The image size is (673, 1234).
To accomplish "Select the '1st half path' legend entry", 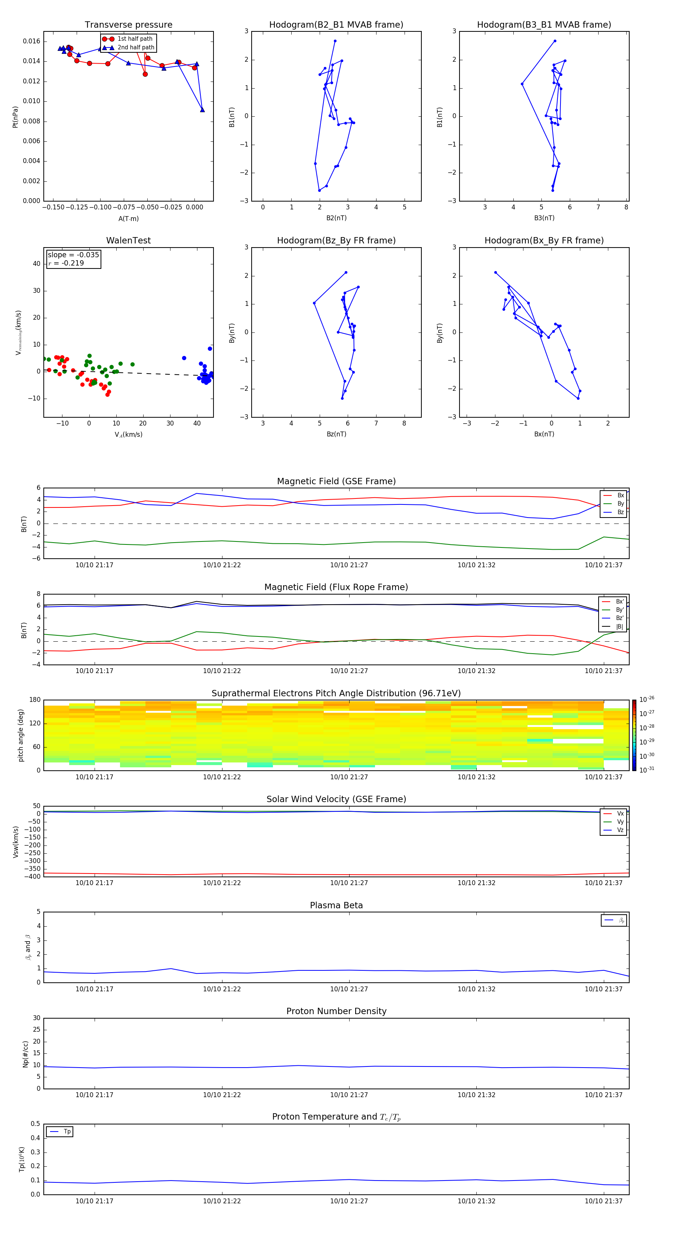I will [x=135, y=39].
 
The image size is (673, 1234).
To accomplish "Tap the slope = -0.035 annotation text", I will [x=73, y=255].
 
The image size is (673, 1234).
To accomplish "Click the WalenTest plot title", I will [x=128, y=240].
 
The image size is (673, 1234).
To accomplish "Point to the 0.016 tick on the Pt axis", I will [x=32, y=41].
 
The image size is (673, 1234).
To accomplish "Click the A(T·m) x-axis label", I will [x=128, y=219].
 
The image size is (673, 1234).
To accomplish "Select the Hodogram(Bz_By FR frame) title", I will [x=336, y=240].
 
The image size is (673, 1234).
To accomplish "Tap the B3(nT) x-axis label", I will [x=544, y=218].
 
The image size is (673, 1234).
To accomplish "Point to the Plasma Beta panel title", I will [x=336, y=905].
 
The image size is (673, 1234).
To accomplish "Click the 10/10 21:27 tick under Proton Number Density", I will [x=349, y=1095].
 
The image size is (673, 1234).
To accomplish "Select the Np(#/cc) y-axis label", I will [x=26, y=1054].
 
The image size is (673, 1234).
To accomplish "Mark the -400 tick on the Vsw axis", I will [x=33, y=877].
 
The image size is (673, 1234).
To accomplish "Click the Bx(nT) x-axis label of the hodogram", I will [x=544, y=434].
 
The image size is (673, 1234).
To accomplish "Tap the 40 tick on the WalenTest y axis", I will [x=36, y=264].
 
